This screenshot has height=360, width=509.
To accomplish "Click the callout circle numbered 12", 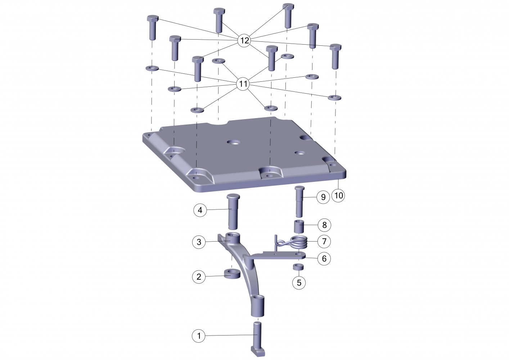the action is [244, 41].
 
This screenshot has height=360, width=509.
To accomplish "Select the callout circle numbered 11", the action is [243, 84].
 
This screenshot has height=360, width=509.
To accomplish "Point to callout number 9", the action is [323, 197].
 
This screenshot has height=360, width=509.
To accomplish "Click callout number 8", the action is [324, 225].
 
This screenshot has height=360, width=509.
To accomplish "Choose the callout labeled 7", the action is [324, 241].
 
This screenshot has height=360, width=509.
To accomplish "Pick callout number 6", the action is [324, 258].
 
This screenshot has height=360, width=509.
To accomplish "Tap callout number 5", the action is [299, 283].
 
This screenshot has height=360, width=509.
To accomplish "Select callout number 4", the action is [200, 210].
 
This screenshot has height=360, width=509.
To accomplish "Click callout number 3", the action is [199, 242].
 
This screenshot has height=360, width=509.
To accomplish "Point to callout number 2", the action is [199, 277].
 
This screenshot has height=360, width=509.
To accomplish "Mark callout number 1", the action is [199, 336].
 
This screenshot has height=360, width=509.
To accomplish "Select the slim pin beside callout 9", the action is [300, 202].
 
